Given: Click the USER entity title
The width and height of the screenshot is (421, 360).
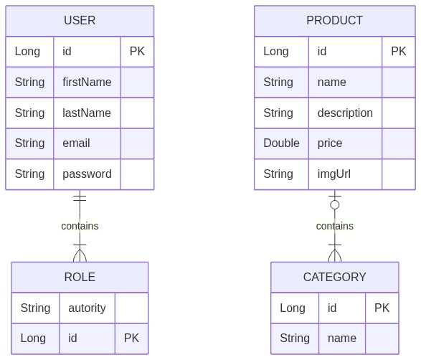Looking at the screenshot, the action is pyautogui.click(x=80, y=20).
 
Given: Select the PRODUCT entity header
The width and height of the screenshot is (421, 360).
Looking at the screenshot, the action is pyautogui.click(x=334, y=20).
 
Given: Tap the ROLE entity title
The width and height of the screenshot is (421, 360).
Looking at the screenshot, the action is pyautogui.click(x=80, y=277).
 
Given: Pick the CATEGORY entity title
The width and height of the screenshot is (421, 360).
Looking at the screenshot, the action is pyautogui.click(x=334, y=277).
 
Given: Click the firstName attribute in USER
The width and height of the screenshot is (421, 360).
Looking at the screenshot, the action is pyautogui.click(x=87, y=82).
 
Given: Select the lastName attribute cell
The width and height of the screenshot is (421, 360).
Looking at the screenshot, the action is pyautogui.click(x=87, y=113).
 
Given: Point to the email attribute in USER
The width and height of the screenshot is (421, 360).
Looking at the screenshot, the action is pyautogui.click(x=76, y=143).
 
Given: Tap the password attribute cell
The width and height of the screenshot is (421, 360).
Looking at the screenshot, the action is pyautogui.click(x=87, y=174).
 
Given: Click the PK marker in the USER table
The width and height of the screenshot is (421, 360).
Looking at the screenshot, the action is pyautogui.click(x=137, y=52).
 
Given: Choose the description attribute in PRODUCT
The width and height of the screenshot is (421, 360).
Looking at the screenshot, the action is pyautogui.click(x=345, y=113).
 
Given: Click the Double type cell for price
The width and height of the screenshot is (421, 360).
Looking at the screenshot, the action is pyautogui.click(x=281, y=143).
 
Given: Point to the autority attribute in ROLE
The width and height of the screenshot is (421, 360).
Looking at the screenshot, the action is pyautogui.click(x=87, y=308).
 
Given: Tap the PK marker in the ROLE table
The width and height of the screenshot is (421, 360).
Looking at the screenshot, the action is pyautogui.click(x=131, y=338).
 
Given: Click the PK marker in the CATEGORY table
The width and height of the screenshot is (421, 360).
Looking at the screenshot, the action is pyautogui.click(x=382, y=308).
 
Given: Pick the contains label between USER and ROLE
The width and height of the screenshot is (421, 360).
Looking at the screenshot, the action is pyautogui.click(x=80, y=226).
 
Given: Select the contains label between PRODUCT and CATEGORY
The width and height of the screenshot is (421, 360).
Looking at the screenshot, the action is pyautogui.click(x=334, y=226).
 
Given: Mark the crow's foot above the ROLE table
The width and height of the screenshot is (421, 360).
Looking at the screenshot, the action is pyautogui.click(x=80, y=255).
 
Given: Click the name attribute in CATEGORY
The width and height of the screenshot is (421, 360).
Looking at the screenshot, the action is pyautogui.click(x=342, y=338).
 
